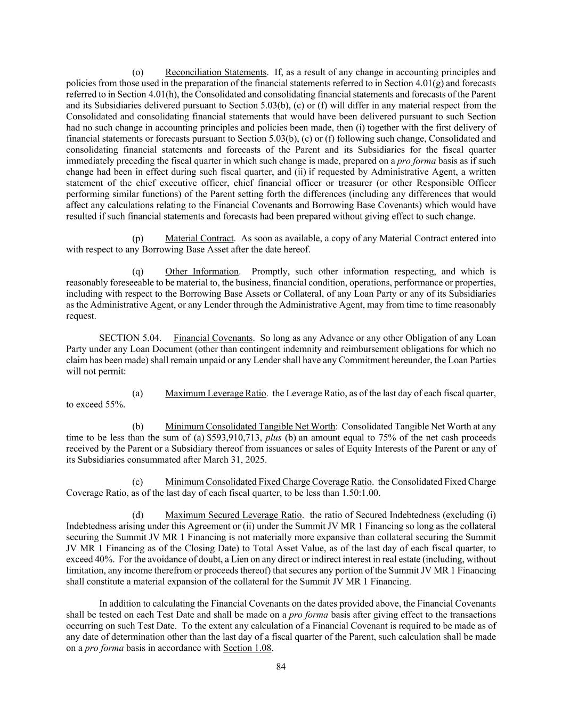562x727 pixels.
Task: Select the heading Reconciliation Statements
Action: click(x=216, y=72)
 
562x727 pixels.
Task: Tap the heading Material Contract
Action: click(x=199, y=238)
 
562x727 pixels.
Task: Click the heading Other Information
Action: click(x=202, y=272)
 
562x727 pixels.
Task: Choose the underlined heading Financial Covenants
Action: click(x=213, y=338)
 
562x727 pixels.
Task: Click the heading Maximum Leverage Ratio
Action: click(x=216, y=394)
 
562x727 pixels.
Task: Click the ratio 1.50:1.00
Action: click(x=360, y=493)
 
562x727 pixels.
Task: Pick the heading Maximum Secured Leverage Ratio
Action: click(x=233, y=515)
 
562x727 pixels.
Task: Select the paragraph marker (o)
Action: click(x=138, y=72)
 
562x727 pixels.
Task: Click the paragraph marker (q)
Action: click(x=138, y=272)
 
